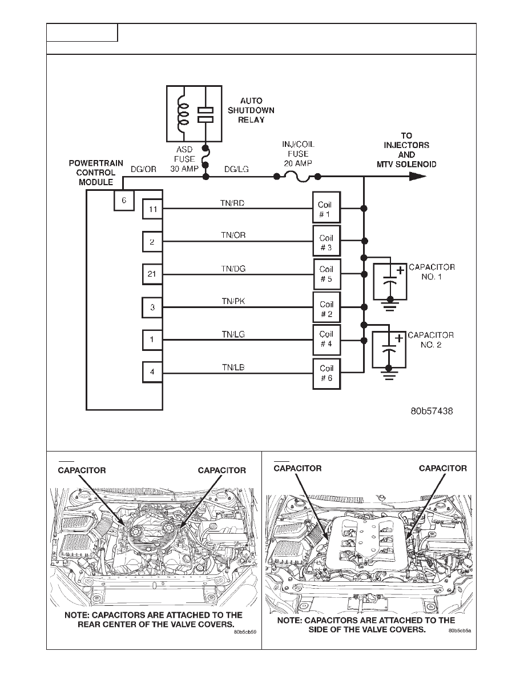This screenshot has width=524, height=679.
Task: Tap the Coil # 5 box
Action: coord(327,274)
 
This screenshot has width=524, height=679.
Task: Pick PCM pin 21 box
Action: coord(152,274)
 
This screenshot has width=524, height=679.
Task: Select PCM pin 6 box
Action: coord(124,201)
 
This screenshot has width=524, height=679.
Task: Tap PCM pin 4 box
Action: coord(152,372)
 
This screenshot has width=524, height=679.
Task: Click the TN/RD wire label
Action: coord(232,203)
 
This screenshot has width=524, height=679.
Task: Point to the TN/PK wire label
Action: coord(233,301)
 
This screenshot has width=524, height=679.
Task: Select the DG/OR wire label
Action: coord(143,169)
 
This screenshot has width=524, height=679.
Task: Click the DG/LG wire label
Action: coord(236,169)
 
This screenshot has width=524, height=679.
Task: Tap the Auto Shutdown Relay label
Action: coord(251,110)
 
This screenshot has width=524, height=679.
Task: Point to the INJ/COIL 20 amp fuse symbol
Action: coord(297,176)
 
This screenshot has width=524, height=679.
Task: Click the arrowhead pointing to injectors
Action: coord(418,176)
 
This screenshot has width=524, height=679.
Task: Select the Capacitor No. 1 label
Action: coord(432,272)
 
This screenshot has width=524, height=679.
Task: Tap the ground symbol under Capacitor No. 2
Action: coord(389,373)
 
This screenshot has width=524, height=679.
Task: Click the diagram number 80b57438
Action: coord(432,411)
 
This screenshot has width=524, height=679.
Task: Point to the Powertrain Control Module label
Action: coord(96,173)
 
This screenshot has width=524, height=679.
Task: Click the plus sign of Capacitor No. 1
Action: coord(401,270)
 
